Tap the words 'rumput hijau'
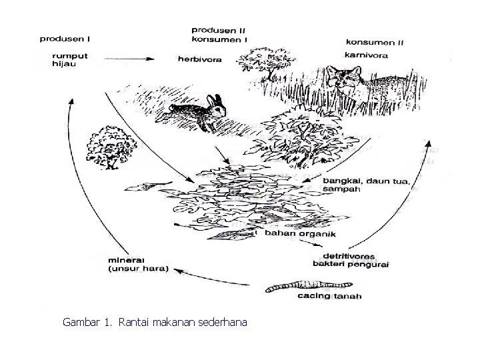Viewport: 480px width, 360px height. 66,59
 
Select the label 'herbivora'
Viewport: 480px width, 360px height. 199,59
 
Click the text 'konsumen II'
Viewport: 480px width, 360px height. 374,42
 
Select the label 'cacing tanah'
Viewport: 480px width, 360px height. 323,296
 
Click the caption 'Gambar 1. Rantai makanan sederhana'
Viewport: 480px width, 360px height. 155,323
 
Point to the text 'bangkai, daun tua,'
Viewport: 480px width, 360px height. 366,181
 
